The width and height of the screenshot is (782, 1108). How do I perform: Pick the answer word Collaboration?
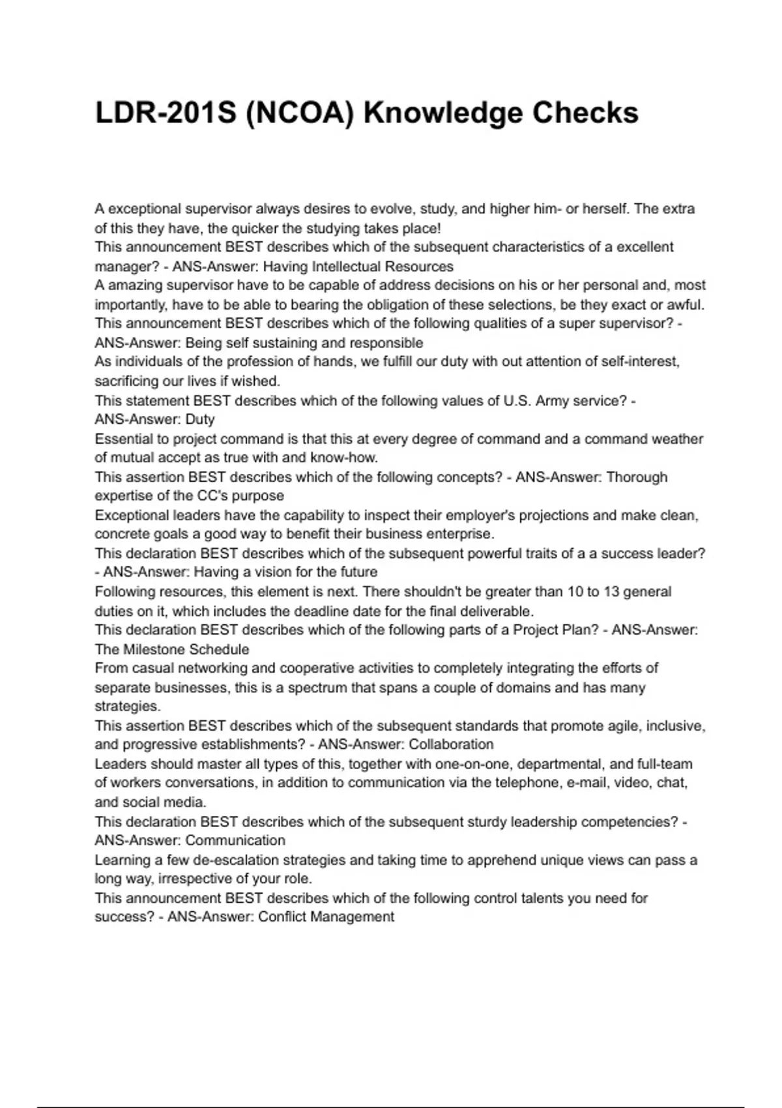[451, 744]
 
